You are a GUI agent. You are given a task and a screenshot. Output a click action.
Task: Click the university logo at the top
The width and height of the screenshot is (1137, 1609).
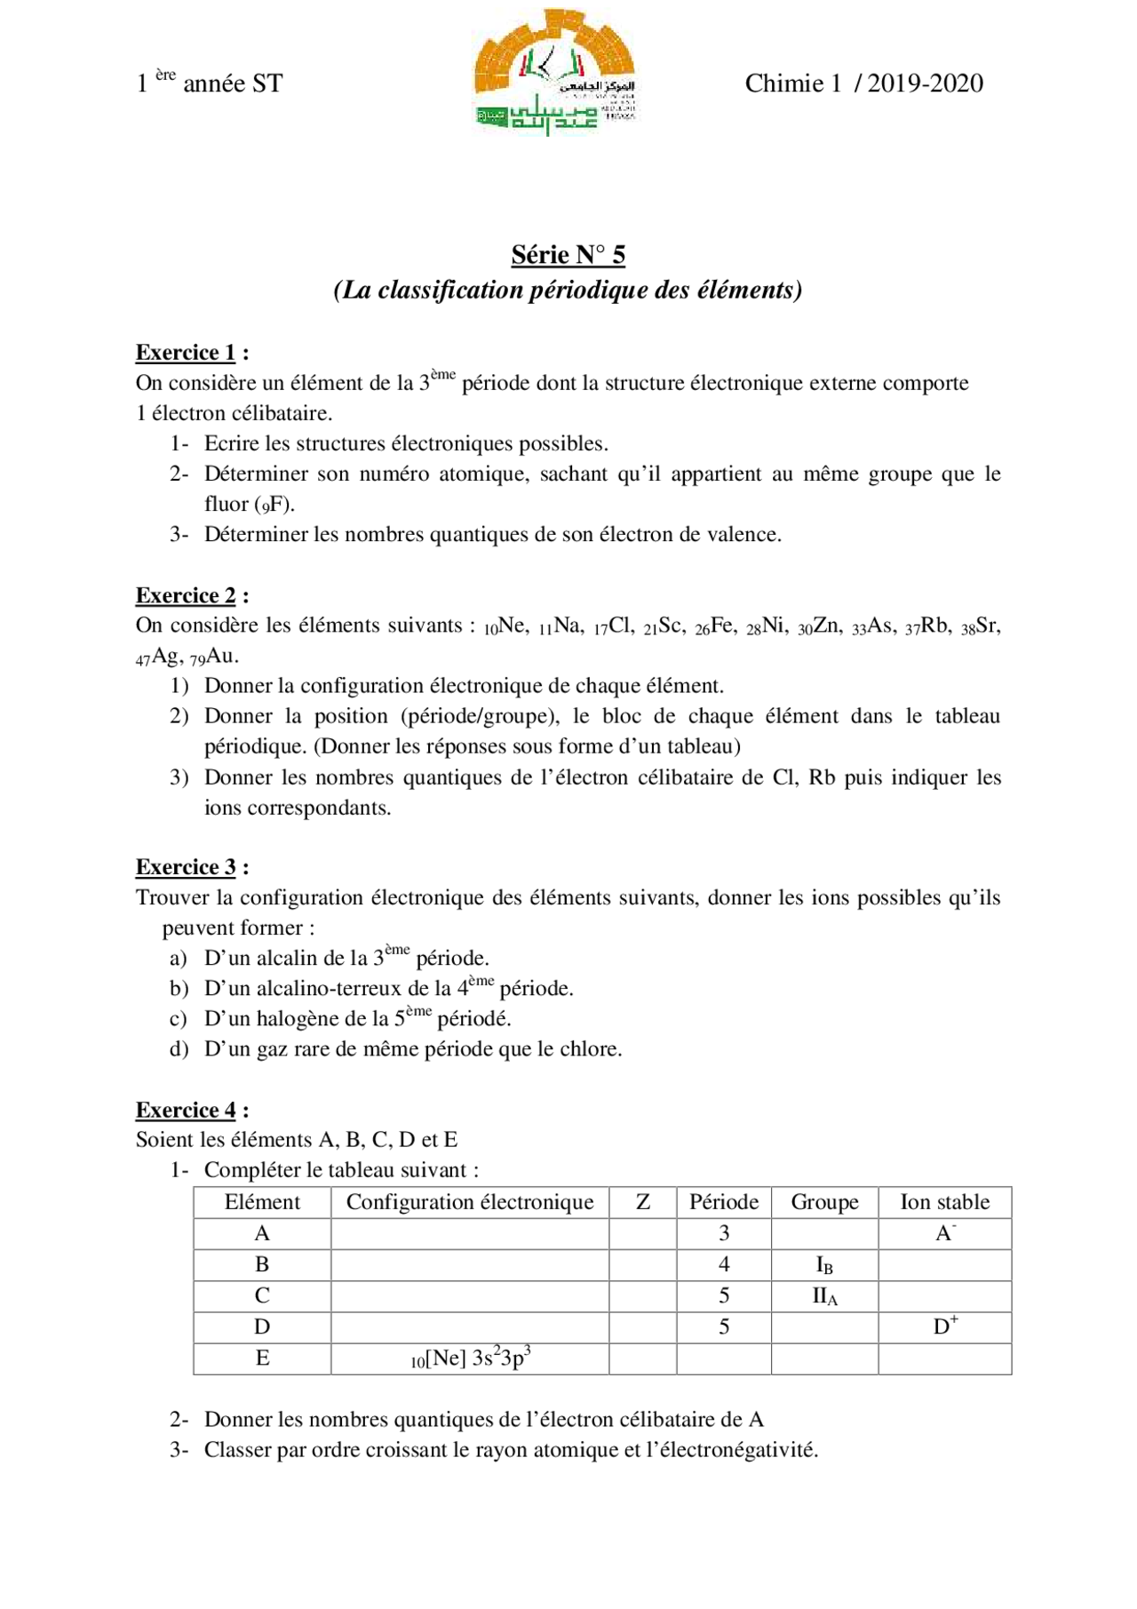(x=555, y=73)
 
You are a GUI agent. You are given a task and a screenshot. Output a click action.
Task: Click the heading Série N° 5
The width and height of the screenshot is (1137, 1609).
(x=568, y=255)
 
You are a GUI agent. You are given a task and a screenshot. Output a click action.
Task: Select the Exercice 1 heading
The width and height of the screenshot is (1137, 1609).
(x=186, y=353)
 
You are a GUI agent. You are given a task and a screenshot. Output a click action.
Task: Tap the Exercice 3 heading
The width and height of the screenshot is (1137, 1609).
(x=186, y=867)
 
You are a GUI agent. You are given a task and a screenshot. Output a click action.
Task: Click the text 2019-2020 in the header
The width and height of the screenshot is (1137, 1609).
(x=925, y=84)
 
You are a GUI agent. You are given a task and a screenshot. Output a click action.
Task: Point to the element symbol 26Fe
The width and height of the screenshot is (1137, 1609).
(x=715, y=626)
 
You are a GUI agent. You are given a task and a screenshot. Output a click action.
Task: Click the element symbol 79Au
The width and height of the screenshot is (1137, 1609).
(x=214, y=657)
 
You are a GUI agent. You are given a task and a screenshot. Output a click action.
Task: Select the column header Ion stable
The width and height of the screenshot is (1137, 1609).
(x=944, y=1202)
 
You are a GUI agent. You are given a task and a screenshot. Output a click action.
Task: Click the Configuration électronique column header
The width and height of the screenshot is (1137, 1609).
(x=469, y=1202)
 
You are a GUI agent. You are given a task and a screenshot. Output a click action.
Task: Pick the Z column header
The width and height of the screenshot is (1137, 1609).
(x=642, y=1202)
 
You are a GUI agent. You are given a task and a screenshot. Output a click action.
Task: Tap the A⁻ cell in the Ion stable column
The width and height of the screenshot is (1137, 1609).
(x=944, y=1233)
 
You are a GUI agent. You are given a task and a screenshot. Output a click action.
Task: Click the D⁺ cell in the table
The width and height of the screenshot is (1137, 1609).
(x=944, y=1326)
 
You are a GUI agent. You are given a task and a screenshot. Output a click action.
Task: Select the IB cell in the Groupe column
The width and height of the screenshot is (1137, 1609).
(x=823, y=1265)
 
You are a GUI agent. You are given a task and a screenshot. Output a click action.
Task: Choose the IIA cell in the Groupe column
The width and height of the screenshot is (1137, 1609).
(x=823, y=1296)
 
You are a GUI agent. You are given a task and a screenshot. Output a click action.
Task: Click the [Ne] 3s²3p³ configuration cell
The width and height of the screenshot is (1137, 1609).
(x=471, y=1358)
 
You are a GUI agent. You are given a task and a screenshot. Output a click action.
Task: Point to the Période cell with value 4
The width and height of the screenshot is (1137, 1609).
(x=723, y=1264)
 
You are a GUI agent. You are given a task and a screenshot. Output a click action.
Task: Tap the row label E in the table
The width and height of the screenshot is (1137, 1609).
(x=262, y=1358)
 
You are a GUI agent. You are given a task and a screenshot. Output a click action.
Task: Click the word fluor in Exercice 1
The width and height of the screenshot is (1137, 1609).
(x=227, y=505)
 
